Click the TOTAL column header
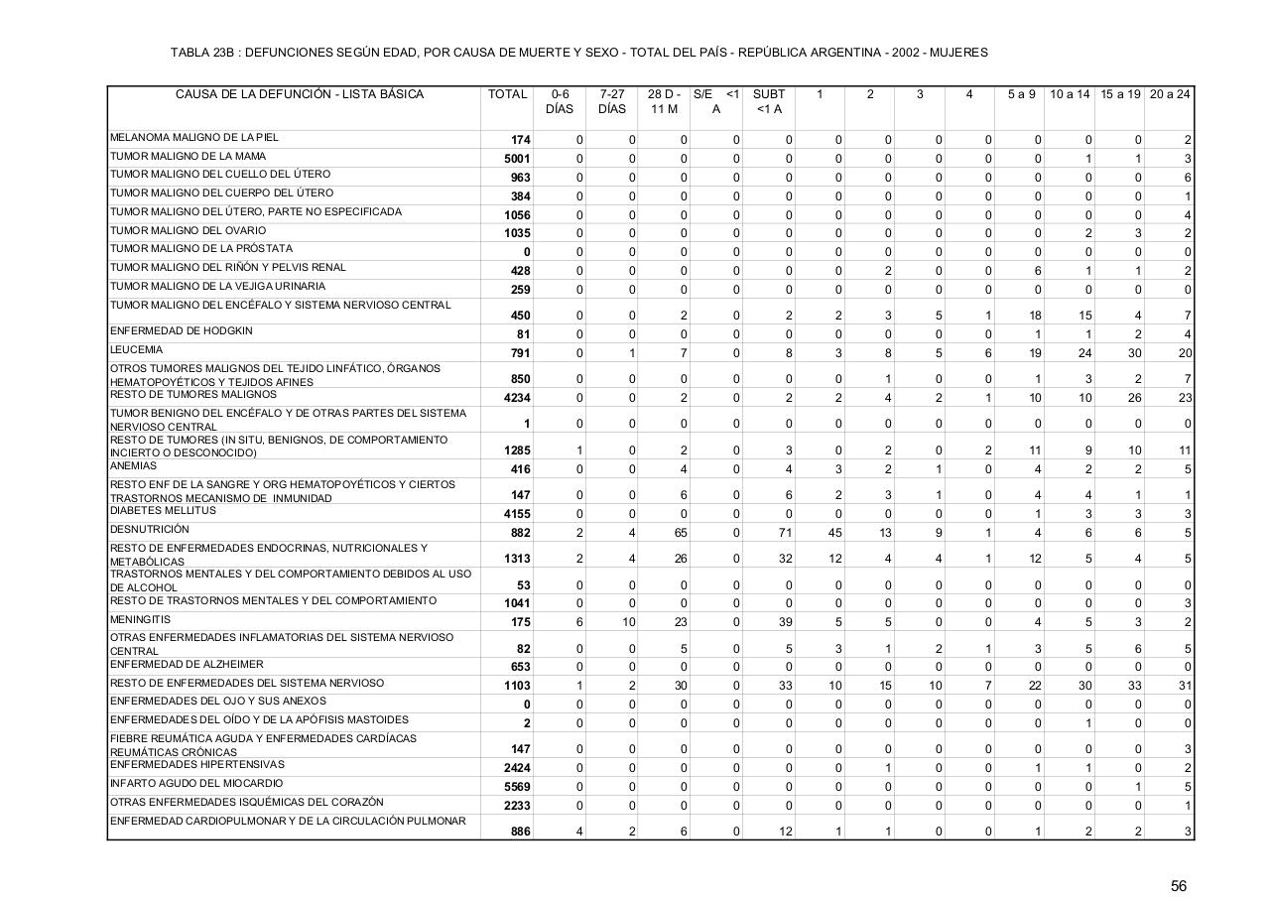[507, 95]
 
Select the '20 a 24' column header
[1170, 95]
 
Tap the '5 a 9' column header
[1021, 95]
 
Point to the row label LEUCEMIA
[136, 350]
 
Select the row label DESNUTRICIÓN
[149, 530]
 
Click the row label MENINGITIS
[140, 620]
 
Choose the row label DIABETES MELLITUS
[163, 511]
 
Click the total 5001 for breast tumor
[517, 160]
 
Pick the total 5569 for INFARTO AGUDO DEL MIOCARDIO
[517, 787]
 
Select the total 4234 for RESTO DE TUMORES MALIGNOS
[517, 398]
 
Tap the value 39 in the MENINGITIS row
[784, 623]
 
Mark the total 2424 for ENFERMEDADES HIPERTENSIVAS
[517, 768]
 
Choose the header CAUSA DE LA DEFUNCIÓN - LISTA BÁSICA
[299, 95]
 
